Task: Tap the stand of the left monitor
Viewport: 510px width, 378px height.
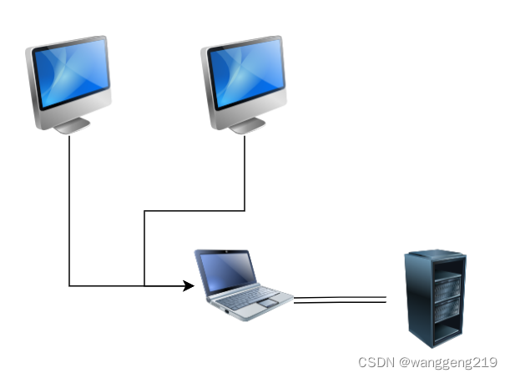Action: [x=72, y=125]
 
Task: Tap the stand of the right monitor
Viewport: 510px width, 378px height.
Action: [x=246, y=125]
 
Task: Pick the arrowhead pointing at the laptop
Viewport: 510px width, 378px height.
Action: [x=189, y=286]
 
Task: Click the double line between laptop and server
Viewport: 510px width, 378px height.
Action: [x=341, y=300]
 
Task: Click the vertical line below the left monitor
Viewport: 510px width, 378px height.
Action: [x=69, y=209]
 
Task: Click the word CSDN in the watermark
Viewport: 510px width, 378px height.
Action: [x=376, y=363]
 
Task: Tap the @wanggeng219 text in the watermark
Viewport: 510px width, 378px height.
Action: [x=447, y=363]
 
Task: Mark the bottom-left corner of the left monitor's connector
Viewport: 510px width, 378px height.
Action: [x=69, y=286]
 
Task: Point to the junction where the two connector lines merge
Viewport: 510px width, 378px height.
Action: [x=144, y=286]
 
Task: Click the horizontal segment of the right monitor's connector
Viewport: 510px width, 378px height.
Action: [x=194, y=211]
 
